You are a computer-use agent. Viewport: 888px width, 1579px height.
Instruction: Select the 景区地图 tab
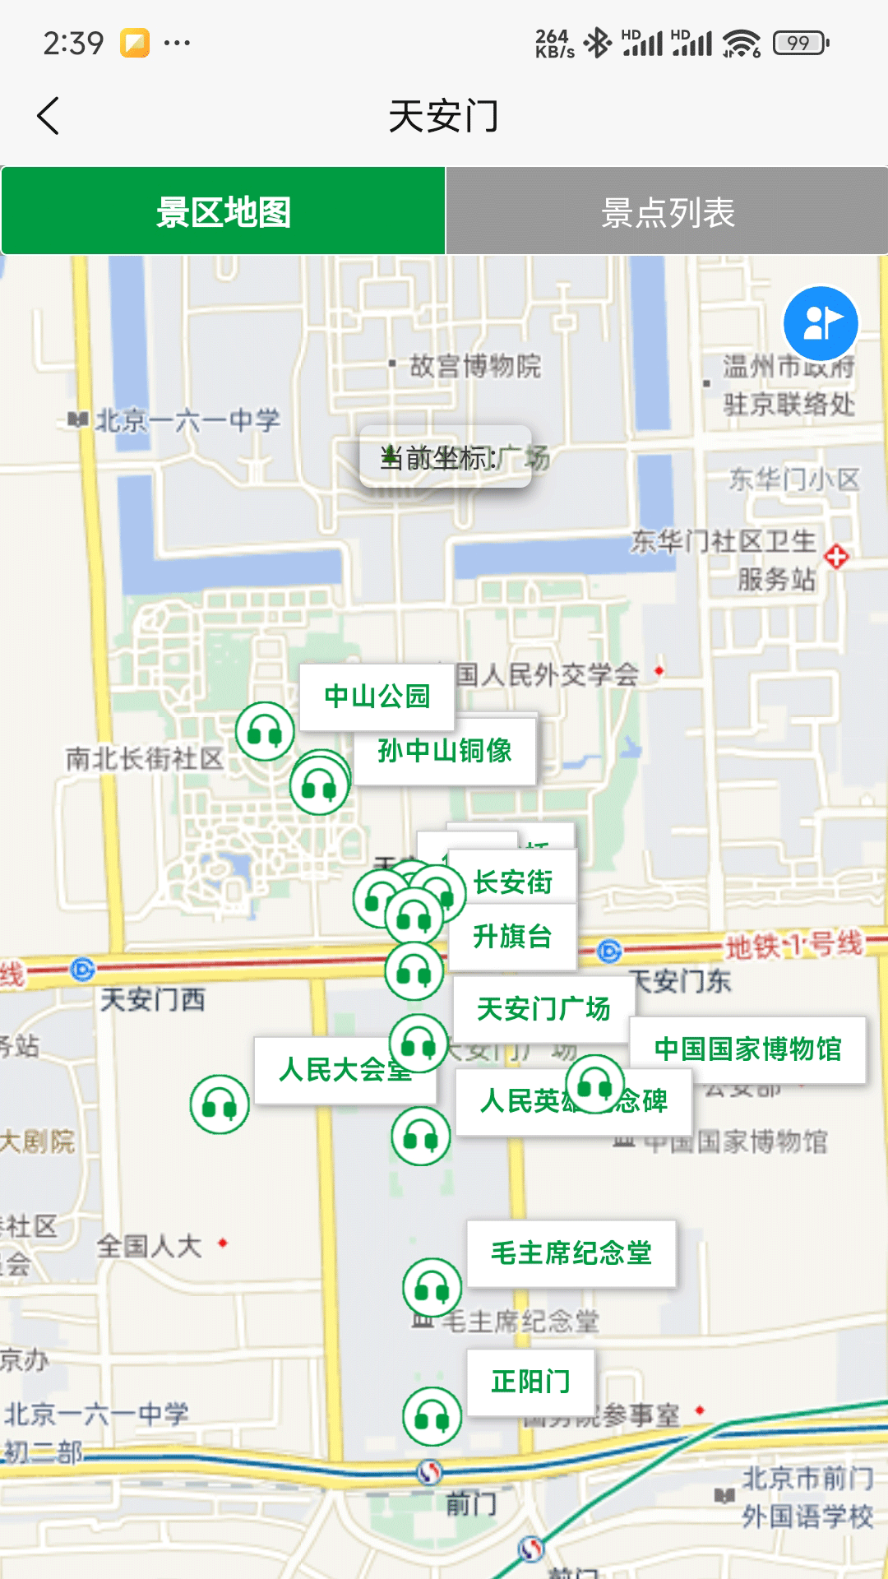(224, 212)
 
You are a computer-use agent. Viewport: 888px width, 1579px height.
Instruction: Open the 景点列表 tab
(667, 212)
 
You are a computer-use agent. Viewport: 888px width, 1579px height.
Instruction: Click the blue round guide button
(820, 322)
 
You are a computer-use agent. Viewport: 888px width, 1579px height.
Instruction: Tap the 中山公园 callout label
(377, 697)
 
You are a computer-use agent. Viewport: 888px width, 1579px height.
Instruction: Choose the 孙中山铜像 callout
(445, 750)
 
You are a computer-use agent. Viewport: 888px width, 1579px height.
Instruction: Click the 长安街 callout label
(513, 882)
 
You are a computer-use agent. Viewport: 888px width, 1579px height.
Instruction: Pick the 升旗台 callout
(512, 937)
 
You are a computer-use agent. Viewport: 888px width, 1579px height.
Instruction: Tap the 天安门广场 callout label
(543, 1008)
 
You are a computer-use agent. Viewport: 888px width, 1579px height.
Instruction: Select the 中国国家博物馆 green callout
(747, 1049)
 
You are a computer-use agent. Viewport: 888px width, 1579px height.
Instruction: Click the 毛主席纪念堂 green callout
(571, 1253)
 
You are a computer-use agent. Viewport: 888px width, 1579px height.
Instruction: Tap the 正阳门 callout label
(530, 1382)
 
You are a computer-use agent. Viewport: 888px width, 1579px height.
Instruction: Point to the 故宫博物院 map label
(474, 366)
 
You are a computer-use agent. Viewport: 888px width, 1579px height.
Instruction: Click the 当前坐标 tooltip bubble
(445, 457)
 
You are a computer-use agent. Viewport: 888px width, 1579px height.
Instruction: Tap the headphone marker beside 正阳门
(432, 1416)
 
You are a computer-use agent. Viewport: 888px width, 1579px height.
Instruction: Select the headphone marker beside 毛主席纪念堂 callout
(432, 1287)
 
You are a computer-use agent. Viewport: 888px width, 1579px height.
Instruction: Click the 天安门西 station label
(152, 1000)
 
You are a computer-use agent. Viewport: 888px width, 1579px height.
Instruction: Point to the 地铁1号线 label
(793, 945)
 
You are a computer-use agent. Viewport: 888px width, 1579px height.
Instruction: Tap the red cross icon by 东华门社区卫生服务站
(836, 557)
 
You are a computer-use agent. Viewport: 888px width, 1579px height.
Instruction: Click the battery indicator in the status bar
(800, 43)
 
